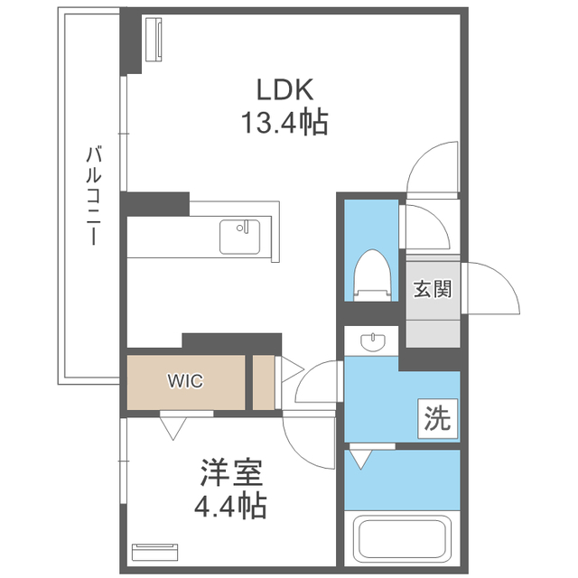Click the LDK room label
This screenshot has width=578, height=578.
(x=284, y=89)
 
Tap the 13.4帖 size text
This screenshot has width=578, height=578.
(x=284, y=122)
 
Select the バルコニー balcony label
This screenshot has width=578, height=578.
(x=94, y=195)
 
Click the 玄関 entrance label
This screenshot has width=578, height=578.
(x=433, y=288)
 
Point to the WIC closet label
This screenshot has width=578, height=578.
(x=185, y=381)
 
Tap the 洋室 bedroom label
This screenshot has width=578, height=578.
(x=231, y=472)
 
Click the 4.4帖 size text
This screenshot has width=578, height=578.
(x=230, y=506)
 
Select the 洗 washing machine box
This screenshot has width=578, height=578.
(x=437, y=419)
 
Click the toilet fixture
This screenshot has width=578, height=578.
(x=371, y=275)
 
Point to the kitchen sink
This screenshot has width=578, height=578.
(x=239, y=237)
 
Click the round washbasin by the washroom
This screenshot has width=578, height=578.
(x=373, y=342)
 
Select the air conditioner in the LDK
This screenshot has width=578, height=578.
(x=154, y=40)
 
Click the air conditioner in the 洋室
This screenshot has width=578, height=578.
(x=154, y=552)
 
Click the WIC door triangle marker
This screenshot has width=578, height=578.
(x=172, y=428)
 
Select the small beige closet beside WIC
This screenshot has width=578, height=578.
(x=264, y=382)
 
